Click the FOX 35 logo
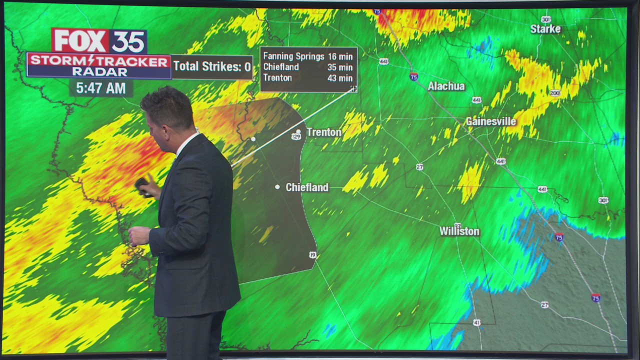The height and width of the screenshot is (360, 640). (99, 40)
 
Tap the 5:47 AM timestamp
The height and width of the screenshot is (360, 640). (100, 88)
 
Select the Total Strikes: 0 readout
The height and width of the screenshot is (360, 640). (212, 66)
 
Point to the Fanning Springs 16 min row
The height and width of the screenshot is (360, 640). (307, 56)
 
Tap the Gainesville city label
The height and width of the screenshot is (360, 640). (490, 121)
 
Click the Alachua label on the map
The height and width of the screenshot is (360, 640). (446, 86)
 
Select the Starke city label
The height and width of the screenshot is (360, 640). (545, 29)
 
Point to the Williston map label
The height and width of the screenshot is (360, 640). (459, 231)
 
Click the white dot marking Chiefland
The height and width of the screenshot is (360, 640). (277, 187)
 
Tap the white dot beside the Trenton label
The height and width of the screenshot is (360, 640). (298, 131)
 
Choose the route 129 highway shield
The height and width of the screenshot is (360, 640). (296, 136)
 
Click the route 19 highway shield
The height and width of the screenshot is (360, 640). (312, 255)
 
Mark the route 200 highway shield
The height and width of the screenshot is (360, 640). (554, 93)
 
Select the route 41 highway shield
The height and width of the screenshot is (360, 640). (476, 323)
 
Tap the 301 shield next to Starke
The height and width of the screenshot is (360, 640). (546, 19)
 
